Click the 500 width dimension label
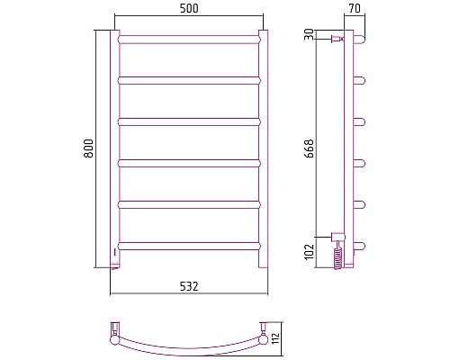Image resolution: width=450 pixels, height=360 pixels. [x=189, y=8]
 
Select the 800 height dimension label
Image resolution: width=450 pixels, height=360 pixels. [x=88, y=148]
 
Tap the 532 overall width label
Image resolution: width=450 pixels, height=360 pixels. [x=189, y=286]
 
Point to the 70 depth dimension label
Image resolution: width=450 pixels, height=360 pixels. [x=355, y=8]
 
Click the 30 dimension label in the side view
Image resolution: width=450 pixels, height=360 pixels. [x=309, y=34]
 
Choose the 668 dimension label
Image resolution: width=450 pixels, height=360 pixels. [x=309, y=148]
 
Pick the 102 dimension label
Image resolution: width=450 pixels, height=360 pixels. [x=309, y=251]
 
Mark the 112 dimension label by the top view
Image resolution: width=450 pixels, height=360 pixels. [x=275, y=338]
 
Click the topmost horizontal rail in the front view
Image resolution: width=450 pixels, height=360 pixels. [x=190, y=40]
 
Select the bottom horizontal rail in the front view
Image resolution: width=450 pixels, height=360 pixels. [x=190, y=246]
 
